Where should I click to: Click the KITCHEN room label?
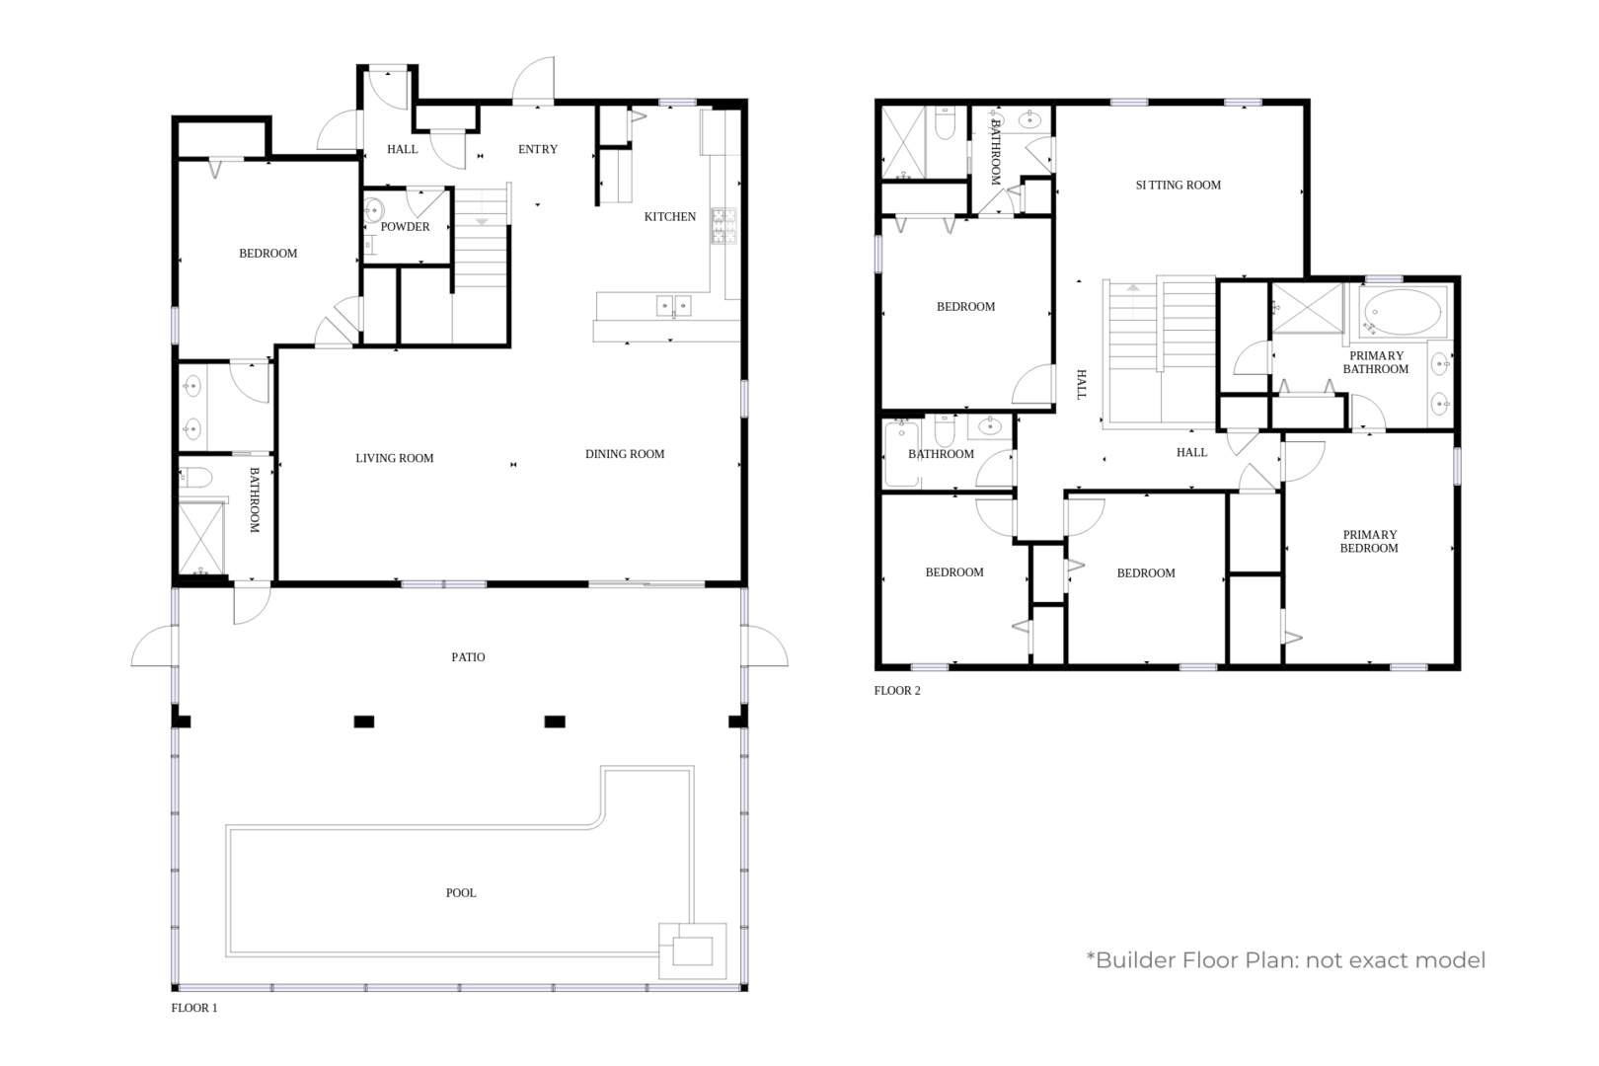pos(669,217)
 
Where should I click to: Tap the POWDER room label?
pos(405,227)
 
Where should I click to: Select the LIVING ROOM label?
pos(395,458)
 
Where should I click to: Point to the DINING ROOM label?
pos(625,454)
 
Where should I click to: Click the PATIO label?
pos(468,657)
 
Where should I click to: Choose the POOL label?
pos(461,893)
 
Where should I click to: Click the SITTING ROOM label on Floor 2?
pos(1179,186)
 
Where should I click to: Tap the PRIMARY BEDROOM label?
pos(1369,542)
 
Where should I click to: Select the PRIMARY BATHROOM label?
pos(1376,362)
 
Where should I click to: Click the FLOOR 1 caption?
pos(194,1008)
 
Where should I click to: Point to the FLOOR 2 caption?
pos(897,691)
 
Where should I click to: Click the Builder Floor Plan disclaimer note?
pos(1286,960)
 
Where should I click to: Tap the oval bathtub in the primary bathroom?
pos(1402,312)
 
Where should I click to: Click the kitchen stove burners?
pos(723,226)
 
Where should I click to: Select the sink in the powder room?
pos(373,210)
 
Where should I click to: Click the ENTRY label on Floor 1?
pos(538,149)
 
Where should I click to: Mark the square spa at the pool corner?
pos(693,952)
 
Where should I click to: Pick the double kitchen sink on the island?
pos(674,306)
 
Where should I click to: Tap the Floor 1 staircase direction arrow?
pos(482,222)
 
